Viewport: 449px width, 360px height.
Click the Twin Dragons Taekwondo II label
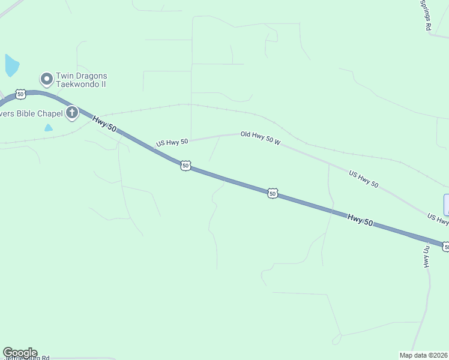point(82,80)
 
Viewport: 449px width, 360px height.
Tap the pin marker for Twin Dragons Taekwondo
point(46,79)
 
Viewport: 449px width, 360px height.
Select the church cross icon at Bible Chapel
point(72,112)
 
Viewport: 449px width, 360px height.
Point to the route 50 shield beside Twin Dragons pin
point(21,94)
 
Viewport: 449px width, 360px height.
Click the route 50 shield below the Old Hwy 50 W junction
point(185,165)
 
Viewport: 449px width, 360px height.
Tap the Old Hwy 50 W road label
point(261,137)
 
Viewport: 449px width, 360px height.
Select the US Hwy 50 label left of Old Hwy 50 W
point(172,142)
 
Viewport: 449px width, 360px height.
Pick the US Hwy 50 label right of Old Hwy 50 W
point(364,179)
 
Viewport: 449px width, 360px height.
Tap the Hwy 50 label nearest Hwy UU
point(360,220)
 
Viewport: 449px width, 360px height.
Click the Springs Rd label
point(426,14)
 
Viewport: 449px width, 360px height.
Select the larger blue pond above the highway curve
point(11,65)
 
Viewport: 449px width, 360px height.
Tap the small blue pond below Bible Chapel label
point(48,128)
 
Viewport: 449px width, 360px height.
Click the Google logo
point(20,353)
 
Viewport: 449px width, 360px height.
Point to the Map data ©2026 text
point(424,355)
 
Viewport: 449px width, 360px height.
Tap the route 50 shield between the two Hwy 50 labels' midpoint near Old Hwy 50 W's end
point(273,193)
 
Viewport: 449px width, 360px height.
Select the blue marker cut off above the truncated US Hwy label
point(446,205)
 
